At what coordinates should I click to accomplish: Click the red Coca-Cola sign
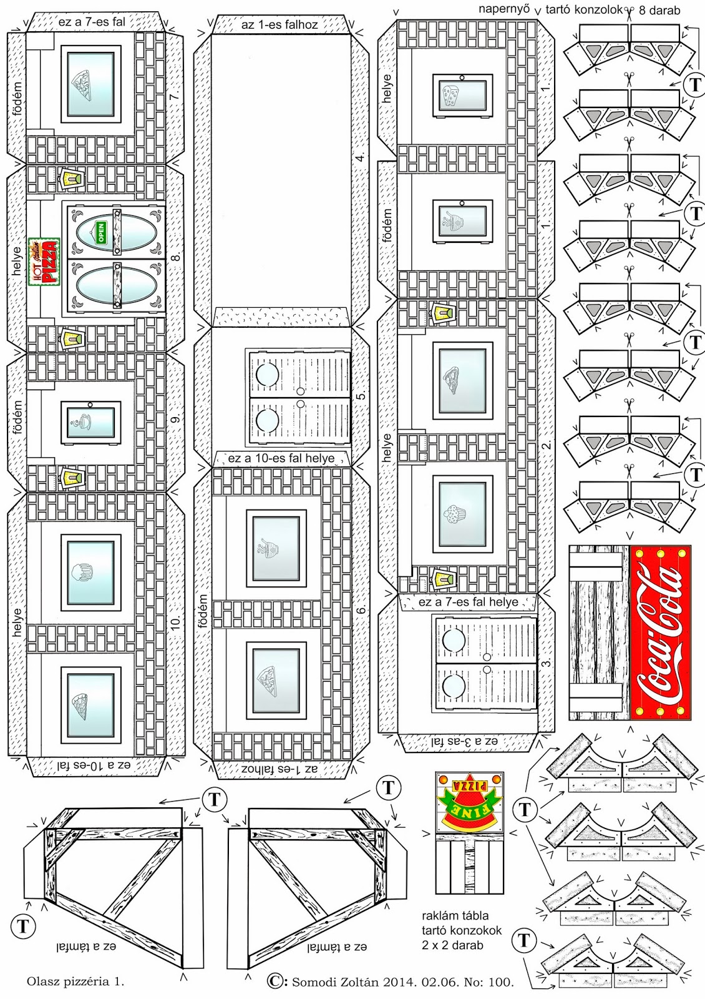(660, 632)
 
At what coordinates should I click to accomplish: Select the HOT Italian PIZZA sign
(44, 262)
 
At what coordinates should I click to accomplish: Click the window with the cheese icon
(462, 96)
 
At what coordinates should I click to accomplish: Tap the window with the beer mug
(91, 573)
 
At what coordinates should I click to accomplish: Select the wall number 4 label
(360, 156)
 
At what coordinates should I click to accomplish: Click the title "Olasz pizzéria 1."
(75, 982)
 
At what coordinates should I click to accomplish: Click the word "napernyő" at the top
(503, 9)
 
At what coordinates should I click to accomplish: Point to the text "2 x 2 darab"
(452, 945)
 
